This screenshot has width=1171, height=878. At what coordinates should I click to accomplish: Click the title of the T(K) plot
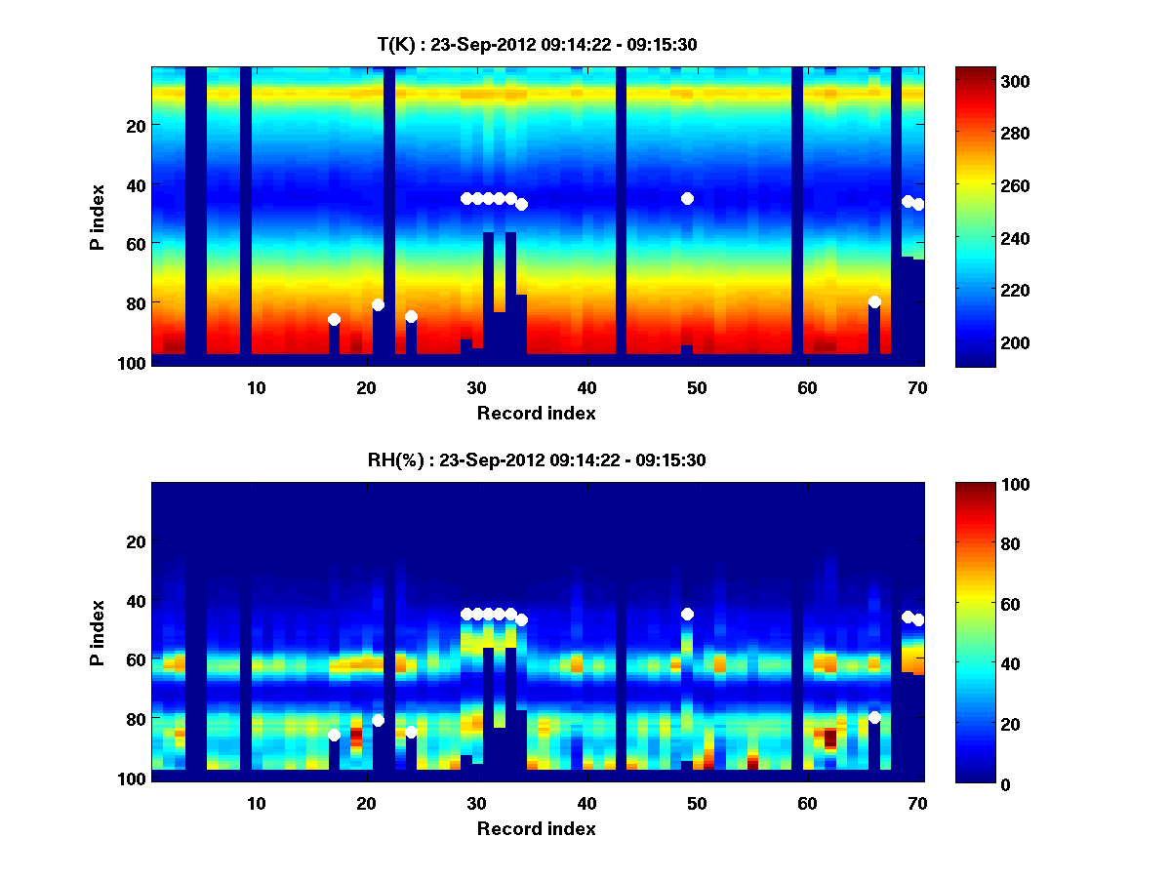pos(537,44)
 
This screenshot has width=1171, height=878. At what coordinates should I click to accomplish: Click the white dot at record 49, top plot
pos(687,198)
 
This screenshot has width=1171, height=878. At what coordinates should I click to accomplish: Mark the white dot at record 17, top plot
pos(334,319)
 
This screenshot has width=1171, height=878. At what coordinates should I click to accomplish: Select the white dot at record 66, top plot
pos(874,301)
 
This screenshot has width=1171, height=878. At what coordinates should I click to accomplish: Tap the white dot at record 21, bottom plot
pos(378,720)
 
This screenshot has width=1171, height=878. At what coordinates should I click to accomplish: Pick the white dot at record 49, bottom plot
pos(687,614)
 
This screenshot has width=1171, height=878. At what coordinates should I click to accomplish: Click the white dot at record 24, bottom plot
pos(411,732)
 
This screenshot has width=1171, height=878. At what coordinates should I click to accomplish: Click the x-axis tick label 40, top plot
pos(586,387)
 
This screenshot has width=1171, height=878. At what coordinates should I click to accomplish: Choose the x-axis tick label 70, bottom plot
pos(917,804)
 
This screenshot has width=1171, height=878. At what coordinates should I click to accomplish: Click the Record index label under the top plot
pos(536,413)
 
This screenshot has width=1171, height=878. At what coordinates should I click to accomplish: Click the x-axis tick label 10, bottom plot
pos(256,804)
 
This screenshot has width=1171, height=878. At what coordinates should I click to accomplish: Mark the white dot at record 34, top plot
pos(521,204)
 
